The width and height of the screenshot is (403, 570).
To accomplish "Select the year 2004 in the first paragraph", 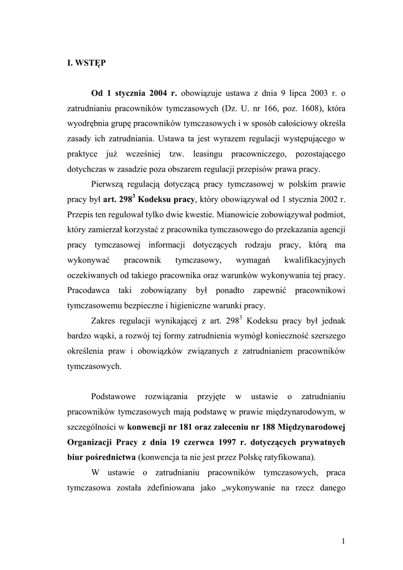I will click(160, 93).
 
